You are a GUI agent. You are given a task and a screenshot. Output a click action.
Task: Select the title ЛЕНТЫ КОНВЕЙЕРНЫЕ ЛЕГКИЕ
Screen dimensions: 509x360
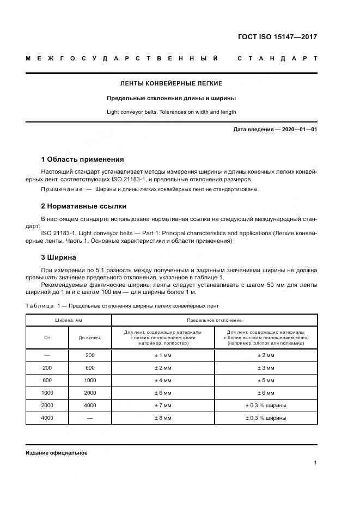click(171, 84)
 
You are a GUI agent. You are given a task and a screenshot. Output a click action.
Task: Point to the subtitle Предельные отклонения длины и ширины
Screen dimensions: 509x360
click(171, 99)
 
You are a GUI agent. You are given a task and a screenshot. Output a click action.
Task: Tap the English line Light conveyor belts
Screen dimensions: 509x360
click(171, 112)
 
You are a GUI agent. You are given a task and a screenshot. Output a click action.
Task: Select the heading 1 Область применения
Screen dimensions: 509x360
click(82, 160)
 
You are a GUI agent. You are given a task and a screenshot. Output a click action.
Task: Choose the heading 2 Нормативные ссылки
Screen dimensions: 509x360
click(84, 206)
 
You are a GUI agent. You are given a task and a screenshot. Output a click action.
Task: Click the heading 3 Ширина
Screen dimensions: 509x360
click(59, 257)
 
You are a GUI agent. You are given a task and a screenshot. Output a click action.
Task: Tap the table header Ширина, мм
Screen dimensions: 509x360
click(68, 320)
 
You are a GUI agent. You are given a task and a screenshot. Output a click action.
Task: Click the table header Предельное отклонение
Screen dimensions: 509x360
click(214, 320)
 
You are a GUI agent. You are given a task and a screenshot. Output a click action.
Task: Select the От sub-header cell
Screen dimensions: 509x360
click(47, 338)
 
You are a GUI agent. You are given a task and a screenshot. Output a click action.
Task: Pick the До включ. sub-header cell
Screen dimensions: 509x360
click(90, 338)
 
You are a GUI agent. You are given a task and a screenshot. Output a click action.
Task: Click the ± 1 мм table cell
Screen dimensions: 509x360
click(163, 355)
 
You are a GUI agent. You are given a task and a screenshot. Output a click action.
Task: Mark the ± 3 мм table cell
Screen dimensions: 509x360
click(266, 367)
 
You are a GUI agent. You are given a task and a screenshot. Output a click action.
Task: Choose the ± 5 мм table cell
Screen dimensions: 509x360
click(266, 380)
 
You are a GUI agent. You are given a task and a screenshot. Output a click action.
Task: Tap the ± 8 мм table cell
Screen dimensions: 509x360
click(163, 418)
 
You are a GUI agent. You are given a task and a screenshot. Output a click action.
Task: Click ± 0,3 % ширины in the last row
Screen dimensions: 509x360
click(266, 418)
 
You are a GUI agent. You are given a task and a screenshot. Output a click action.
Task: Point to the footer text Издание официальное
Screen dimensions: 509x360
click(56, 452)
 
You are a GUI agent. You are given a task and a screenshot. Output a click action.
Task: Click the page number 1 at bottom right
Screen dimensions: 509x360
click(315, 463)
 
